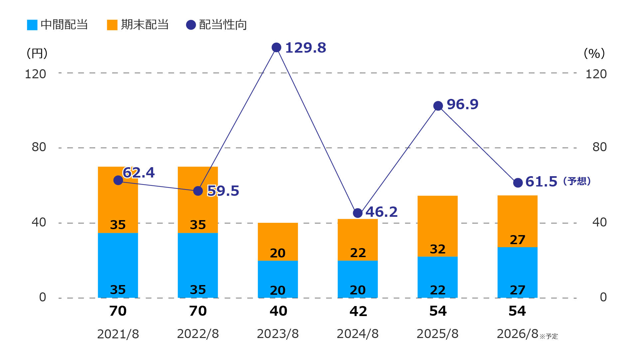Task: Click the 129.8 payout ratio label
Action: point(306,48)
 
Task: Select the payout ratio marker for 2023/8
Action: point(276,48)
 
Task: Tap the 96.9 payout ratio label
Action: point(462,104)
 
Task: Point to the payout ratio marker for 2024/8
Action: point(357,213)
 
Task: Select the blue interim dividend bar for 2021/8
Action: point(118,265)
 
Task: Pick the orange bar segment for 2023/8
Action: point(278,241)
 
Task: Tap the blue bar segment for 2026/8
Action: point(518,272)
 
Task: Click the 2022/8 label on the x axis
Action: point(198,334)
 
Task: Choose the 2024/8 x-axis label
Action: point(357,334)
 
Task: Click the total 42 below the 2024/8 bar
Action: point(358,311)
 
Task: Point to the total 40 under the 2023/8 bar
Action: point(278,311)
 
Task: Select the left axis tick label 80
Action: point(39,147)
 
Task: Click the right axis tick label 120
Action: point(596,74)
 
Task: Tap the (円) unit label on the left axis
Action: point(37,53)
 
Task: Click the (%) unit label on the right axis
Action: point(594,53)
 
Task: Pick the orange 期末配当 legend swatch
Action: point(112,25)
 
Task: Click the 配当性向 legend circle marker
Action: point(191,25)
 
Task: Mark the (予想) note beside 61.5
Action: point(577,181)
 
